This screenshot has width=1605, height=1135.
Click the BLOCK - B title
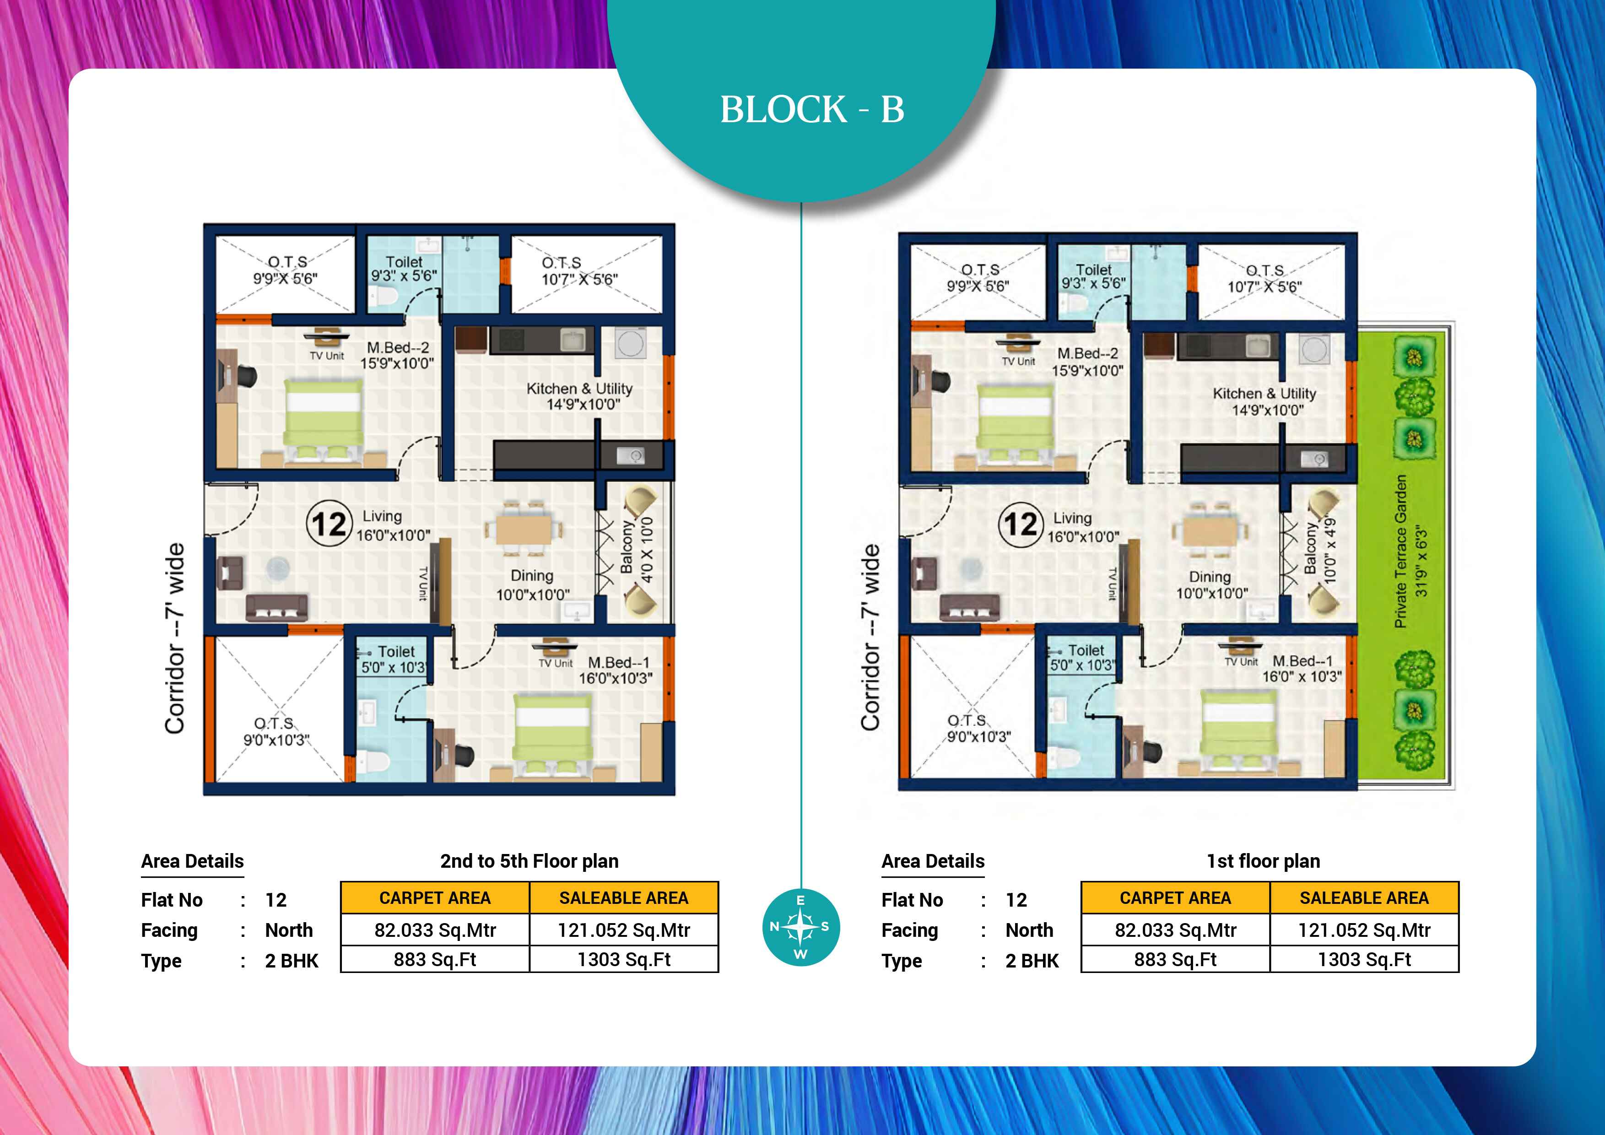click(x=812, y=110)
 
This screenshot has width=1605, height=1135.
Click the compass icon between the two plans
click(x=800, y=927)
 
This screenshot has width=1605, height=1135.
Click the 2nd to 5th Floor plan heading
click(x=529, y=861)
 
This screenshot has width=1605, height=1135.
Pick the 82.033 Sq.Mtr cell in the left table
click(x=435, y=930)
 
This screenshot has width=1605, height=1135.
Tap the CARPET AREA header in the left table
click(x=435, y=898)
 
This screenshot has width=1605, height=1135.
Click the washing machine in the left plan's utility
click(x=631, y=344)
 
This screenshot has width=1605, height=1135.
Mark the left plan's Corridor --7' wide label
click(x=175, y=638)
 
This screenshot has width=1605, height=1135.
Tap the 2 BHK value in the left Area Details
click(x=292, y=961)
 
